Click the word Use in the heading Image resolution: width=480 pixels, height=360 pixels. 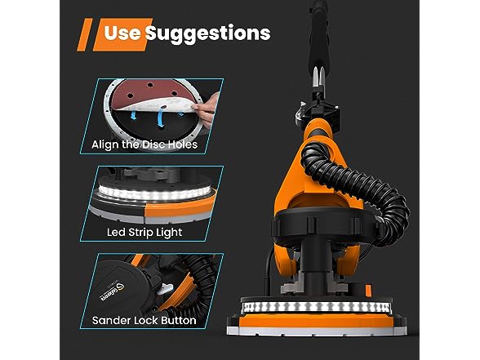pos(122,33)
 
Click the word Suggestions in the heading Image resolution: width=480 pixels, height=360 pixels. pos(208,34)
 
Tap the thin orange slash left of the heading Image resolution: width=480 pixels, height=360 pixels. pos(85,34)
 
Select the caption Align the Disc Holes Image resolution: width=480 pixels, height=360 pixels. pos(144,144)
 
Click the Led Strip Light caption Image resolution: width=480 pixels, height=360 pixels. pos(144,233)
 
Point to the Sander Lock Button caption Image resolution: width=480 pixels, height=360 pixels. pos(144,321)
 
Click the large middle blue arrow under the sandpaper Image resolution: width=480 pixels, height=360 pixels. pos(160,118)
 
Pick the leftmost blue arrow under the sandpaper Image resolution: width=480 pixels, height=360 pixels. pos(133,115)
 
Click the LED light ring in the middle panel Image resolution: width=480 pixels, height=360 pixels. pos(154,193)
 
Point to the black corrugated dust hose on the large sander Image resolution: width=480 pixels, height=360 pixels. pos(367,184)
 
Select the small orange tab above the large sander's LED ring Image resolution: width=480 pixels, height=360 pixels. pos(369,291)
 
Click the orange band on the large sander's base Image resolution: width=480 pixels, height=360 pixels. pos(316,321)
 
